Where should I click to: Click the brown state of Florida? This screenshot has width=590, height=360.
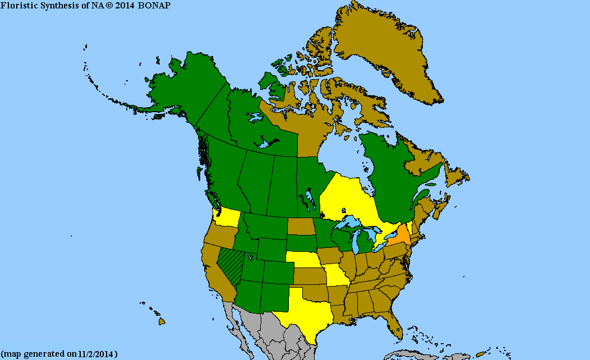point(395,326)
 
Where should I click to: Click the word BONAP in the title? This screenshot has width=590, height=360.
point(155,5)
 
